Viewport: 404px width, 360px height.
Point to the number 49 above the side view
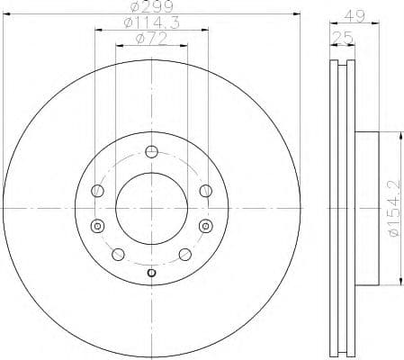(354, 15)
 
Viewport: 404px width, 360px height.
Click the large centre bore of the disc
(151, 207)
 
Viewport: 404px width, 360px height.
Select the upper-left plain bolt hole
(97, 190)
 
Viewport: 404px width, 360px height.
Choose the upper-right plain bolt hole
(205, 190)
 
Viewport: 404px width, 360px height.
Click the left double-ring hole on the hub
(97, 225)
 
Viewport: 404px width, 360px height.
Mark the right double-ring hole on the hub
(205, 225)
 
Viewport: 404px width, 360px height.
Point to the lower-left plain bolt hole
(118, 254)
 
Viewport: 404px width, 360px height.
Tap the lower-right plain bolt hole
(184, 254)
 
